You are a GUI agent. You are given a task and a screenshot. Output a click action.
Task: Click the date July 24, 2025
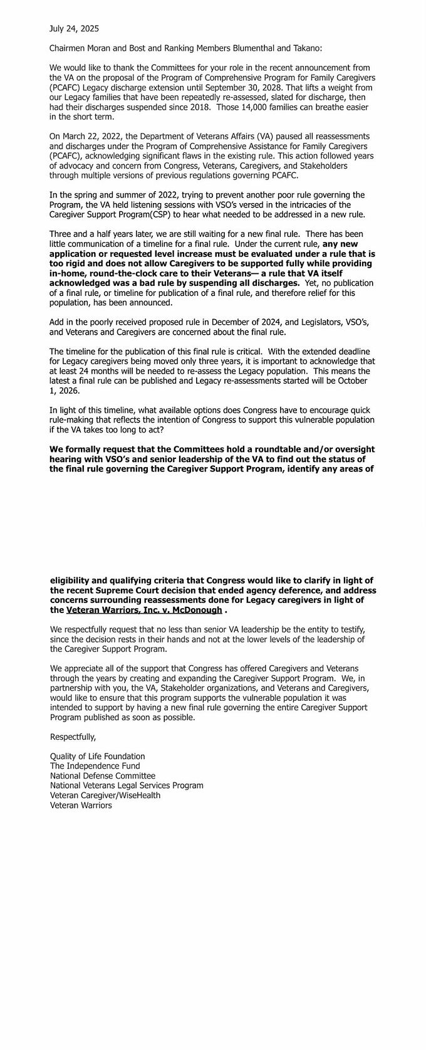(74, 29)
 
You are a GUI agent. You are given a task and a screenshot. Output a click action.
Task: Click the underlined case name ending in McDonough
(144, 610)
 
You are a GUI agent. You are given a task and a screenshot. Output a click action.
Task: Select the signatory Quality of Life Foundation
(97, 757)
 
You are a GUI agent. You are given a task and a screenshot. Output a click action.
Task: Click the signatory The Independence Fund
(95, 766)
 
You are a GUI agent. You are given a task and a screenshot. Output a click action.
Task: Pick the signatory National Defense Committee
(102, 775)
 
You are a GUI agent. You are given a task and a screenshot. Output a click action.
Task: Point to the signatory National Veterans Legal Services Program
(127, 785)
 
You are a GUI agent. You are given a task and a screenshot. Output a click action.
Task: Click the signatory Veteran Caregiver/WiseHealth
(105, 795)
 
